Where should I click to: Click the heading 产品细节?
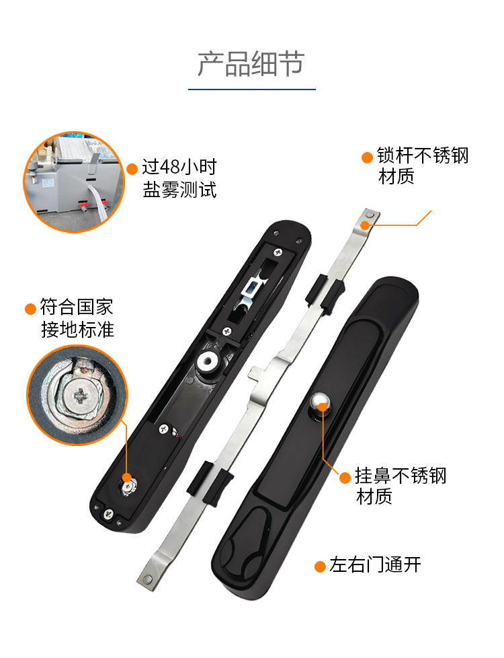click(x=251, y=64)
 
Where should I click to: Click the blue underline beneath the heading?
click(x=251, y=89)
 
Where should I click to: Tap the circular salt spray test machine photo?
click(x=74, y=182)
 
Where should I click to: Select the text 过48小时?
click(x=179, y=167)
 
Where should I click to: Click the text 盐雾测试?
click(x=179, y=190)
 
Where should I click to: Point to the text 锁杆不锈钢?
click(x=422, y=155)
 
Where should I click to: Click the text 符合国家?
click(x=77, y=307)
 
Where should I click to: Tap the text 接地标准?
click(x=77, y=330)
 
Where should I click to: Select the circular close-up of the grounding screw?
click(x=77, y=396)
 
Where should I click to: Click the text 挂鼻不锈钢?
click(x=401, y=476)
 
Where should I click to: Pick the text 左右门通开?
click(x=375, y=565)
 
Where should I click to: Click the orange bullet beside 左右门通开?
click(x=321, y=566)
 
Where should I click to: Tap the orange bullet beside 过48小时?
click(x=132, y=169)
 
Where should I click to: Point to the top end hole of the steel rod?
click(x=370, y=215)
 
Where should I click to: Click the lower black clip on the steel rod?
click(x=209, y=482)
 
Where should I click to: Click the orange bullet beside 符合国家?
click(x=30, y=309)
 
